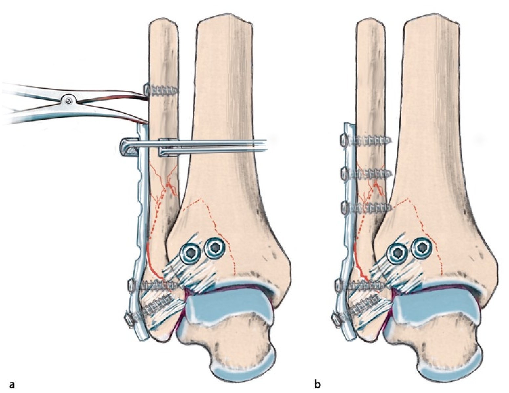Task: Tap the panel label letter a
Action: (12, 384)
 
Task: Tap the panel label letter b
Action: (317, 384)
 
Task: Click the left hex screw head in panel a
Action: (191, 252)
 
